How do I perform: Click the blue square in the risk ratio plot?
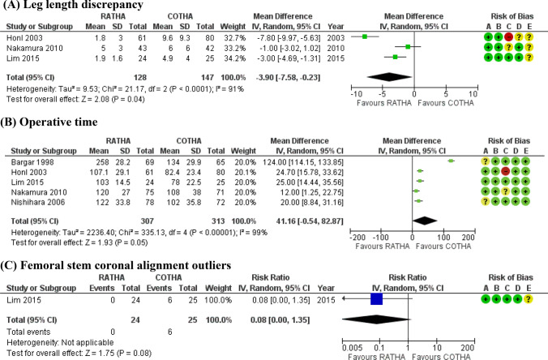coord(376,299)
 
